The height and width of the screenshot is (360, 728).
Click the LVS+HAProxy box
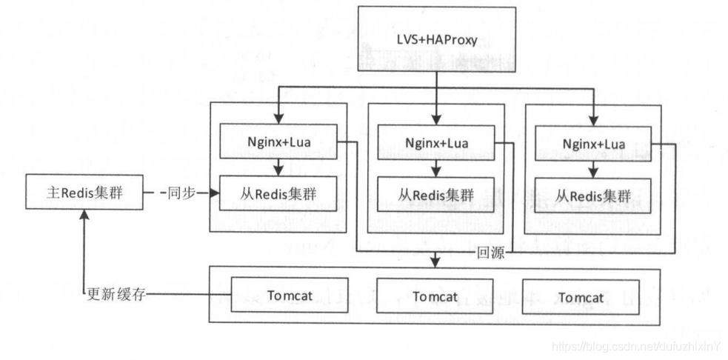[x=437, y=39]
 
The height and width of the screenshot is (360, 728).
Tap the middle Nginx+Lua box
[x=436, y=141]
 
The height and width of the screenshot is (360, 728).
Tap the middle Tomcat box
[x=436, y=297]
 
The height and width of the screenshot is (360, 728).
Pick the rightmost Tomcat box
[x=581, y=297]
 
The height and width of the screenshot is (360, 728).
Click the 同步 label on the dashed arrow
[x=181, y=193]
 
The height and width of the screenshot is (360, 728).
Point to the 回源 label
[x=491, y=253]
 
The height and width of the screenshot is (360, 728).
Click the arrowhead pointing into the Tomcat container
[x=436, y=261]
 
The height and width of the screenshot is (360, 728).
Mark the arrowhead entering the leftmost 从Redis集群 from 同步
[x=216, y=193]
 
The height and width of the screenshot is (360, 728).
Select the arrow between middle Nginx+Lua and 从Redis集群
[x=436, y=167]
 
